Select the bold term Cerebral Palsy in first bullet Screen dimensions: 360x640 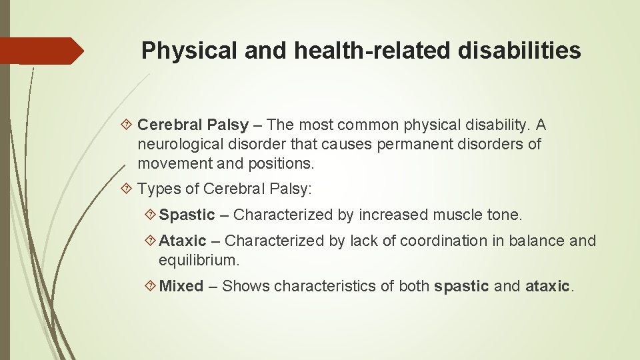pyautogui.click(x=193, y=125)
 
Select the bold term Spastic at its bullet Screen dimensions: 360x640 pyautogui.click(x=187, y=215)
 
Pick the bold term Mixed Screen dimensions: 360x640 pyautogui.click(x=181, y=287)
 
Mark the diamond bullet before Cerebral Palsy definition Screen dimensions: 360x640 pyautogui.click(x=128, y=125)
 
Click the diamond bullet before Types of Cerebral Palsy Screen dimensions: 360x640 pyautogui.click(x=128, y=189)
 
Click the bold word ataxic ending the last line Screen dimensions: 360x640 pyautogui.click(x=548, y=287)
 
